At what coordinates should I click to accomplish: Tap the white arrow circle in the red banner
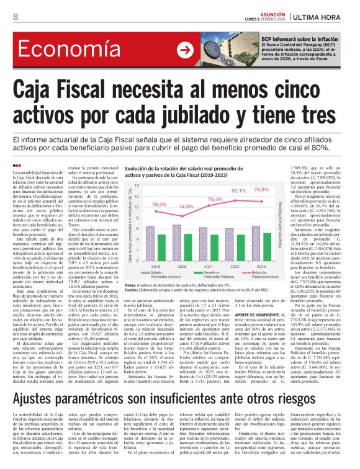(x=184, y=48)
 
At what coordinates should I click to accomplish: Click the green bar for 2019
(x=161, y=247)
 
